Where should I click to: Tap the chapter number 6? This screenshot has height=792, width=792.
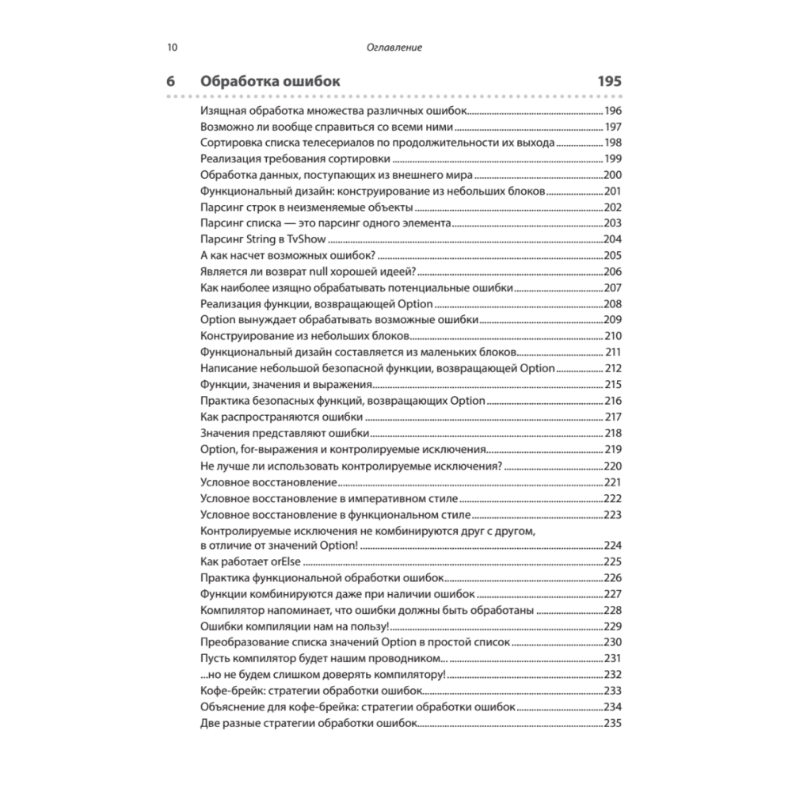(170, 82)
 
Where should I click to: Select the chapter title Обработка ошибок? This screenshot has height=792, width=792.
(271, 82)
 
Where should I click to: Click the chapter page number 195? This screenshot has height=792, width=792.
(609, 82)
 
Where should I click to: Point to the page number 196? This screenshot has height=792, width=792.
(613, 111)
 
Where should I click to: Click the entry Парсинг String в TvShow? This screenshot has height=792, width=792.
(265, 239)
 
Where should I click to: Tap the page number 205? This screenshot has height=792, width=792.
(613, 255)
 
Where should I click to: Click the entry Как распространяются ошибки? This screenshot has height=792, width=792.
(283, 417)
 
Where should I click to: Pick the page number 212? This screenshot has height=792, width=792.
(613, 368)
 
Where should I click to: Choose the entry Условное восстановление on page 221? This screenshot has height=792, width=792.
(270, 482)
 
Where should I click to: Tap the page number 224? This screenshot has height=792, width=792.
(613, 546)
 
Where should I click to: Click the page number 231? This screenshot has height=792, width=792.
(613, 659)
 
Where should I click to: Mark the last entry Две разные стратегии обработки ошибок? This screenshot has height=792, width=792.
(308, 723)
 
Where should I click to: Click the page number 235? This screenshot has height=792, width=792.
(613, 723)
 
